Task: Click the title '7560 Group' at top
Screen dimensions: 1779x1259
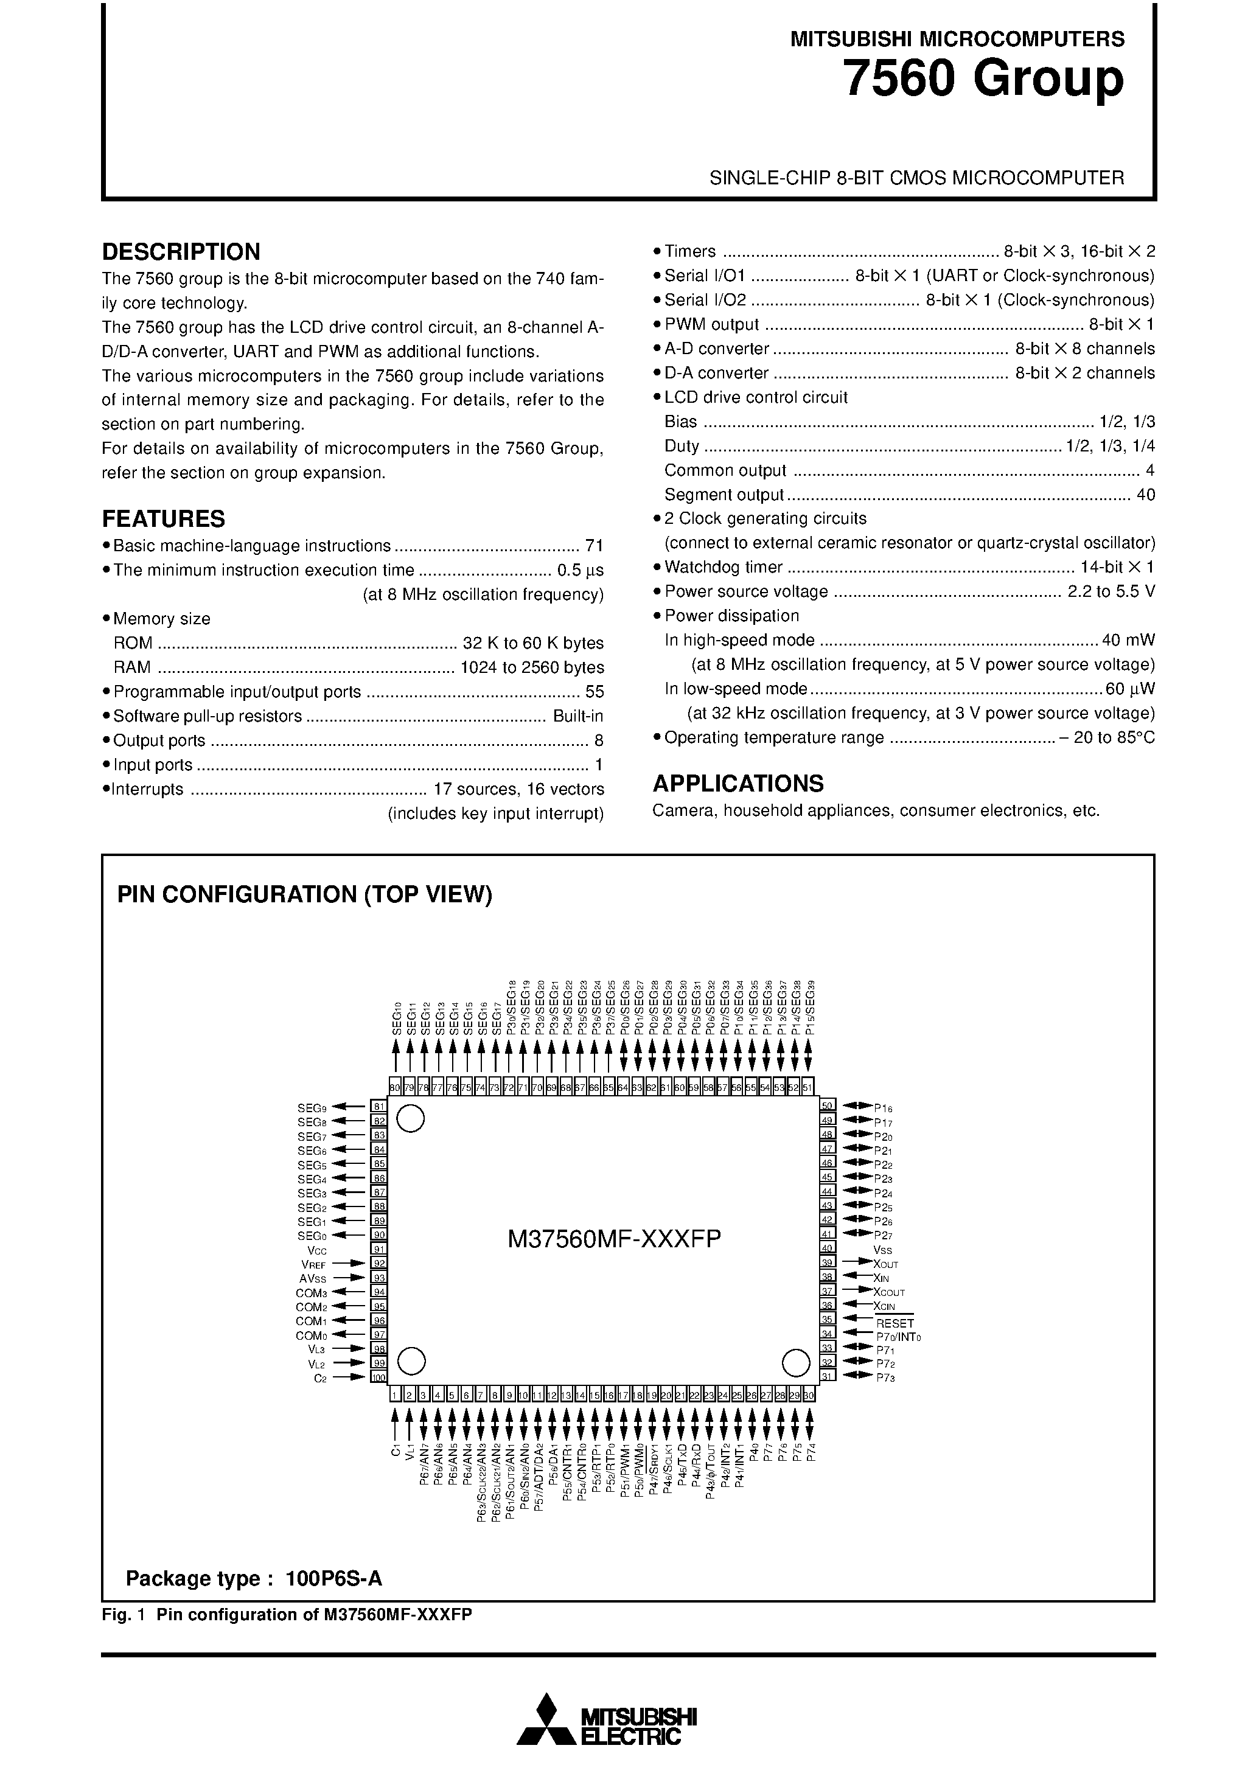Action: coord(982,79)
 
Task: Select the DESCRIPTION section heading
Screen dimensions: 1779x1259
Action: coord(181,252)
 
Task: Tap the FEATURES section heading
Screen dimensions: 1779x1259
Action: coord(164,518)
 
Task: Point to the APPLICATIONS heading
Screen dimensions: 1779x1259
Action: coord(738,784)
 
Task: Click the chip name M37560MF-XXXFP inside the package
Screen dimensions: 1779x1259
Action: coord(614,1239)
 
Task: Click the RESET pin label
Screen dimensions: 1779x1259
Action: coord(895,1323)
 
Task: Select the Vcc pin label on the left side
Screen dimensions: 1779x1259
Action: coord(317,1250)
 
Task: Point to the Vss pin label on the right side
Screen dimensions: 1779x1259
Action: coord(882,1250)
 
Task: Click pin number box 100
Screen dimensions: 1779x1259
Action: coord(378,1377)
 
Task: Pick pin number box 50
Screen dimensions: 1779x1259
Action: coord(827,1106)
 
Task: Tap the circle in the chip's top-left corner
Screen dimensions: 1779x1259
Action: coord(410,1118)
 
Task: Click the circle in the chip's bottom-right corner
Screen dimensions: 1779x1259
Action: coord(795,1362)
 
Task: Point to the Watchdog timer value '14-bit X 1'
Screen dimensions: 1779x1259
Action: coord(1117,566)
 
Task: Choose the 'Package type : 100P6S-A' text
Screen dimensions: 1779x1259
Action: coord(254,1579)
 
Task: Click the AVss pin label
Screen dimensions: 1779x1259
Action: coord(313,1278)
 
